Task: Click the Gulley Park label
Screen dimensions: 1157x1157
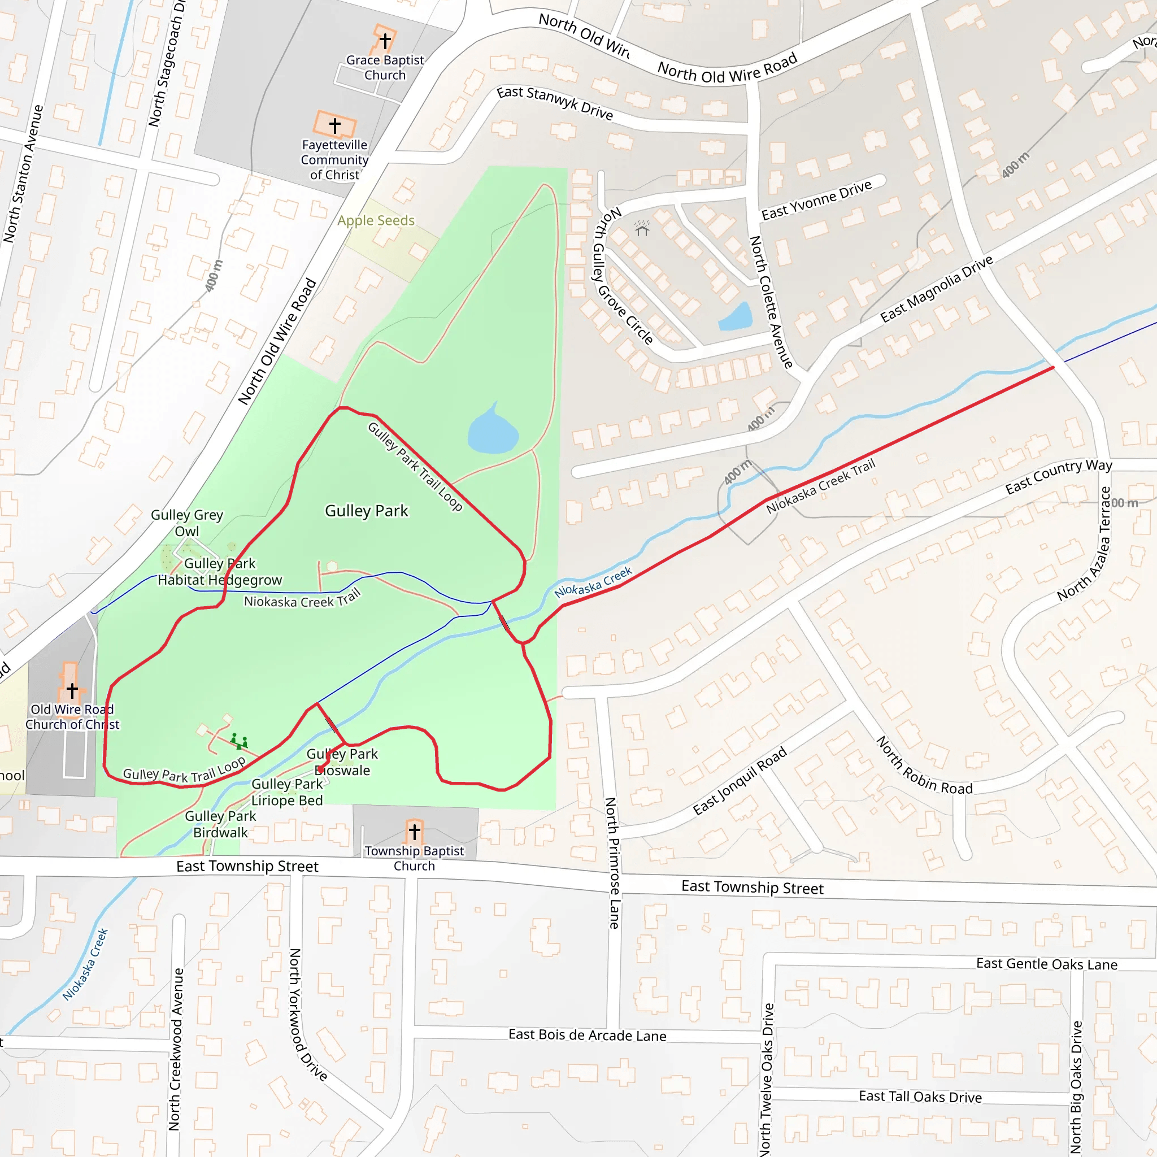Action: pyautogui.click(x=366, y=511)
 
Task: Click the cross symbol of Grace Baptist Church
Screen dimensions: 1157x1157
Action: pyautogui.click(x=385, y=41)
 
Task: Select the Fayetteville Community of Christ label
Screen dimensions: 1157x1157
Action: pyautogui.click(x=334, y=160)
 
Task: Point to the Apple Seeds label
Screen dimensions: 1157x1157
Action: pyautogui.click(x=376, y=220)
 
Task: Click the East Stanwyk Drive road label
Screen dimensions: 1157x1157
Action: pyautogui.click(x=555, y=103)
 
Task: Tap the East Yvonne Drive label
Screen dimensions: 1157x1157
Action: pyautogui.click(x=816, y=200)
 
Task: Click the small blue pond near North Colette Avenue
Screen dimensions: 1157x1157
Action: pyautogui.click(x=736, y=317)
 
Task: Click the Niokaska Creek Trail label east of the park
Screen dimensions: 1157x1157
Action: pyautogui.click(x=820, y=486)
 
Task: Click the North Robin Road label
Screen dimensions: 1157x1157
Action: pyautogui.click(x=924, y=766)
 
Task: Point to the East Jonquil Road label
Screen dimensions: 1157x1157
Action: pyautogui.click(x=740, y=781)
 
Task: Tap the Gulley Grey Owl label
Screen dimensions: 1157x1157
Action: pyautogui.click(x=187, y=523)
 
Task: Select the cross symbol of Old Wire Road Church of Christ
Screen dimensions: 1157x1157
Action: pyautogui.click(x=72, y=690)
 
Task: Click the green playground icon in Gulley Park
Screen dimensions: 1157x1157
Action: pyautogui.click(x=240, y=741)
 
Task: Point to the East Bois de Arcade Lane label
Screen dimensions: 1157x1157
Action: pyautogui.click(x=587, y=1036)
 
